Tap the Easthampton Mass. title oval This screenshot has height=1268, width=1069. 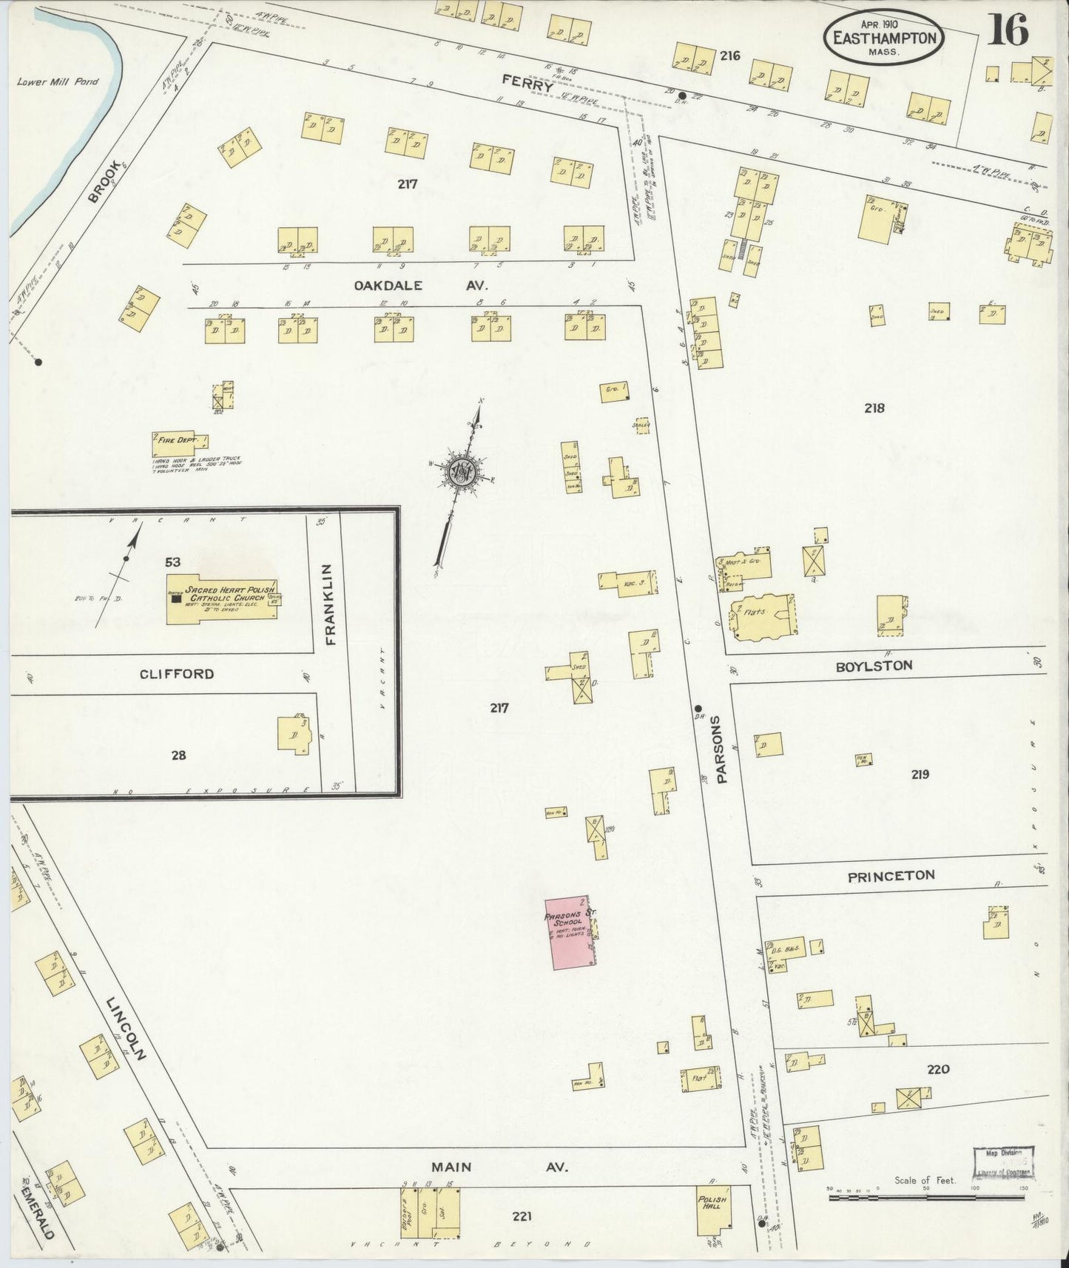[884, 37]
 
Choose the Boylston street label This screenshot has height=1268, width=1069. [874, 666]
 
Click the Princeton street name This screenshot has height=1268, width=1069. [891, 875]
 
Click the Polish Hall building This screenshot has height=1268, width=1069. [712, 1211]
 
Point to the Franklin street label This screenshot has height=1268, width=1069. [330, 604]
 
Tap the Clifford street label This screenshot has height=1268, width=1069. [176, 674]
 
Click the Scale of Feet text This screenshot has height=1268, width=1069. [925, 1180]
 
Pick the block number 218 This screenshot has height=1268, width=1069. [874, 408]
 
